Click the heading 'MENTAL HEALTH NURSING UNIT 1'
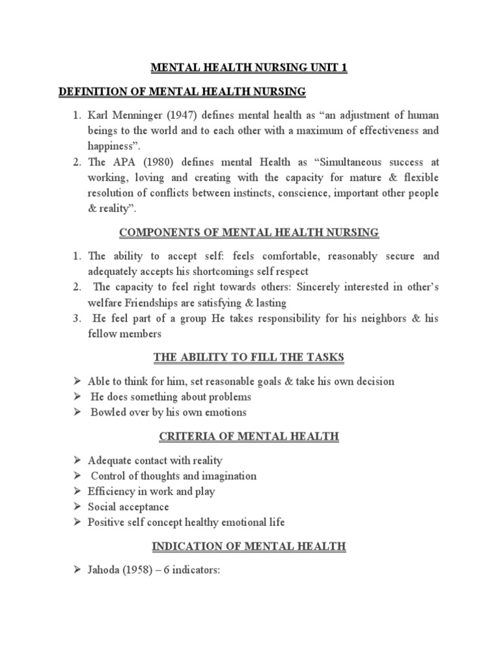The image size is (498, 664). pyautogui.click(x=249, y=68)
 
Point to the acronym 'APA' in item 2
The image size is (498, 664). pyautogui.click(x=122, y=162)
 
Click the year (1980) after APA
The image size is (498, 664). pyautogui.click(x=155, y=162)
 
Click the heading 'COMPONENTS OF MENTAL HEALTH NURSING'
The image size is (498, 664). pyautogui.click(x=249, y=232)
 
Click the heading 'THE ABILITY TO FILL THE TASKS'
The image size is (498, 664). pyautogui.click(x=249, y=357)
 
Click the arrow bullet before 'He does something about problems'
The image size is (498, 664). pyautogui.click(x=77, y=397)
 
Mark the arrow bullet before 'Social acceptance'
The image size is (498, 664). pyautogui.click(x=77, y=507)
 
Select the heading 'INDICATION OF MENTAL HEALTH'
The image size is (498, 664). pyautogui.click(x=249, y=547)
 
